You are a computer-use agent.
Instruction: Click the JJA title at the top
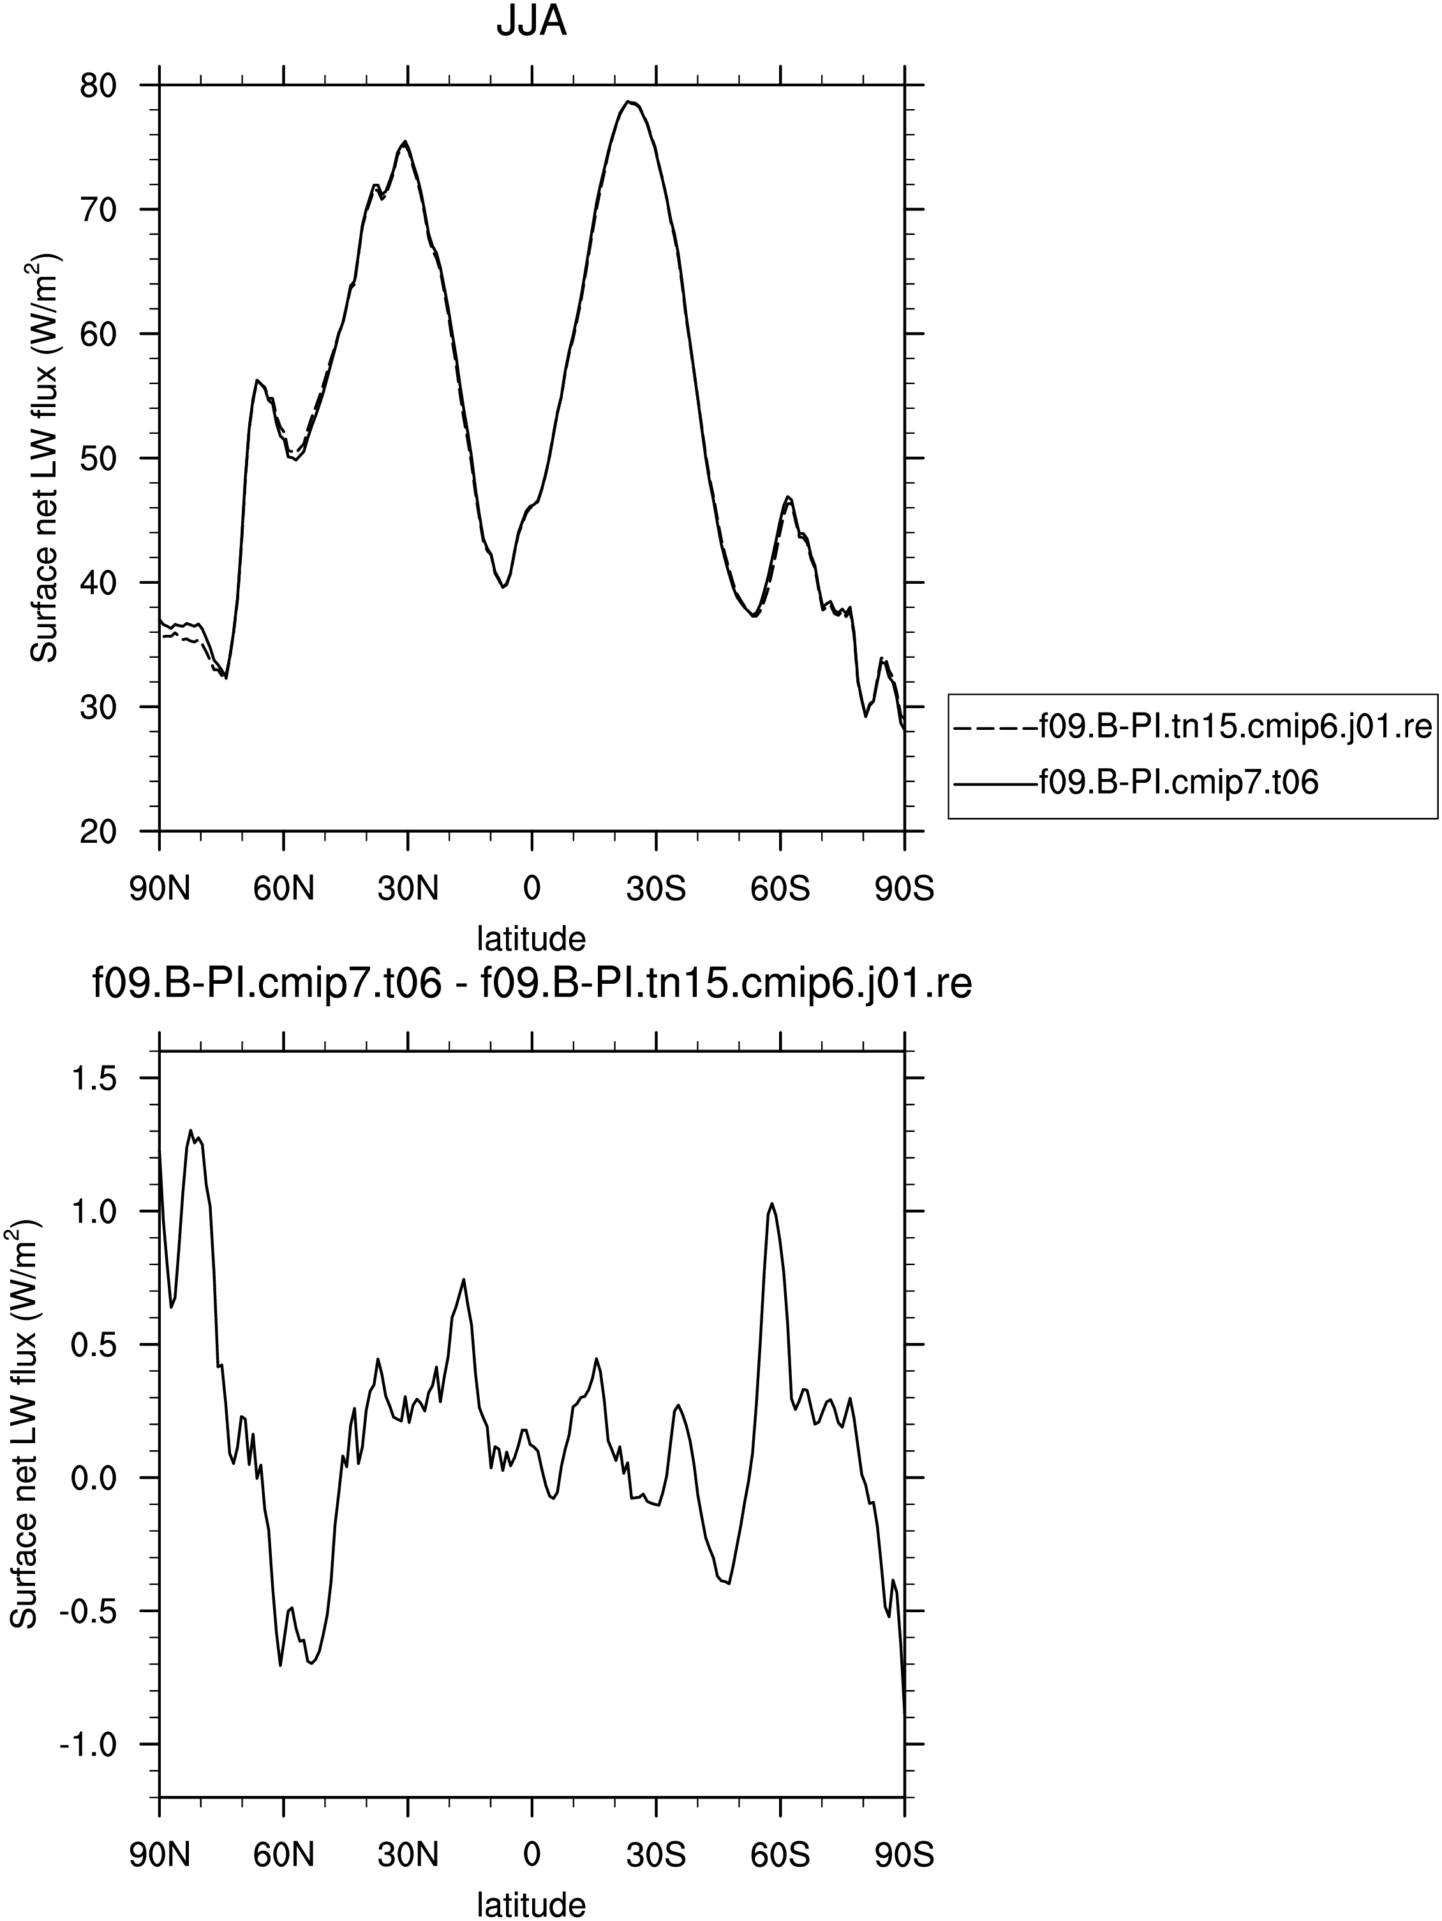pos(531,21)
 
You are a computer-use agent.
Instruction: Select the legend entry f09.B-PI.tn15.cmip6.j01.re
pos(1192,726)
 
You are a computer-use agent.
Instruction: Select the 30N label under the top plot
pos(408,889)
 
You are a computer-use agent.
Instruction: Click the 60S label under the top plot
pos(780,889)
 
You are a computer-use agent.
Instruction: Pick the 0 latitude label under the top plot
pos(531,889)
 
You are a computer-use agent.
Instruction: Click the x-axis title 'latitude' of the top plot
pos(531,938)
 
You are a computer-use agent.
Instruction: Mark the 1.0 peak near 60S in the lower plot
pos(771,1204)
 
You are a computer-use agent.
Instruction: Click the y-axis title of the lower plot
pos(24,1426)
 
